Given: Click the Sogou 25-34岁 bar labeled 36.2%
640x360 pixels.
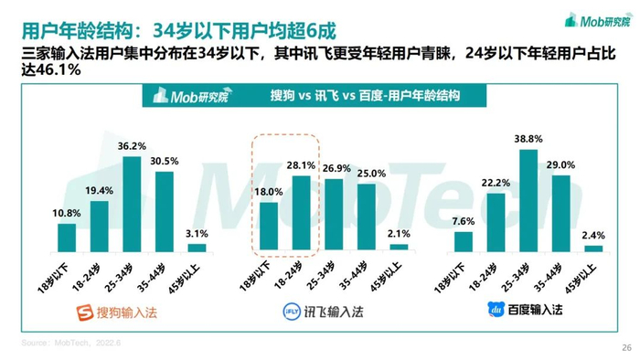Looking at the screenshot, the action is tap(132, 205).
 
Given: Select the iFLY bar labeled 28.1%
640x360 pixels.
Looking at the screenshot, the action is tap(301, 213).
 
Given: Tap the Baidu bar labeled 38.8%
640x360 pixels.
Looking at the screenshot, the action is tap(528, 201).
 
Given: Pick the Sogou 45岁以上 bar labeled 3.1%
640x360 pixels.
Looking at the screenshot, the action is tap(197, 248).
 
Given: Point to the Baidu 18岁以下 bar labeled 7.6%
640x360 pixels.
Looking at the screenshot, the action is tap(464, 242).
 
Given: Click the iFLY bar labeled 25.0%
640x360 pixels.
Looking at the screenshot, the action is tap(367, 217).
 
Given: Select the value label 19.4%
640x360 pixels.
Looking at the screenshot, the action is tap(99, 190).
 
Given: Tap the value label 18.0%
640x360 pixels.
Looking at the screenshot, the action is tap(269, 192).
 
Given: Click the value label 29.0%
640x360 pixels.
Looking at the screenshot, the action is tap(560, 165).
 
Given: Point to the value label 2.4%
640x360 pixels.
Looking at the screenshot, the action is tap(593, 235).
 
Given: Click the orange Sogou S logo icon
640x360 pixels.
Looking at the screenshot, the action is tap(85, 312).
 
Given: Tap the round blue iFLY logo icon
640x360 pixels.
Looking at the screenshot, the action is tap(292, 312).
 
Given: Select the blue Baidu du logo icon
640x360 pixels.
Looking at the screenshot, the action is tap(496, 310).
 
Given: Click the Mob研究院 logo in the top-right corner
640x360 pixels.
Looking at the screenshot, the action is tap(598, 20).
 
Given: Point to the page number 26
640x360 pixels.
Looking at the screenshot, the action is tap(626, 348).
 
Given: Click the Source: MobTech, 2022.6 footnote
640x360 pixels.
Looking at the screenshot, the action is tap(71, 343).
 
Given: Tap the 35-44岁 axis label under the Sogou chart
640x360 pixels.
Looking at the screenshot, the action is tap(151, 278).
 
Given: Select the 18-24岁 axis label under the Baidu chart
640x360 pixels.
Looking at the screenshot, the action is tap(483, 277).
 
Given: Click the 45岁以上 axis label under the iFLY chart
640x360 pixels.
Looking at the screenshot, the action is tap(386, 278).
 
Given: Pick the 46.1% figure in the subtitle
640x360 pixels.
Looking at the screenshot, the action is tap(59, 70).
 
